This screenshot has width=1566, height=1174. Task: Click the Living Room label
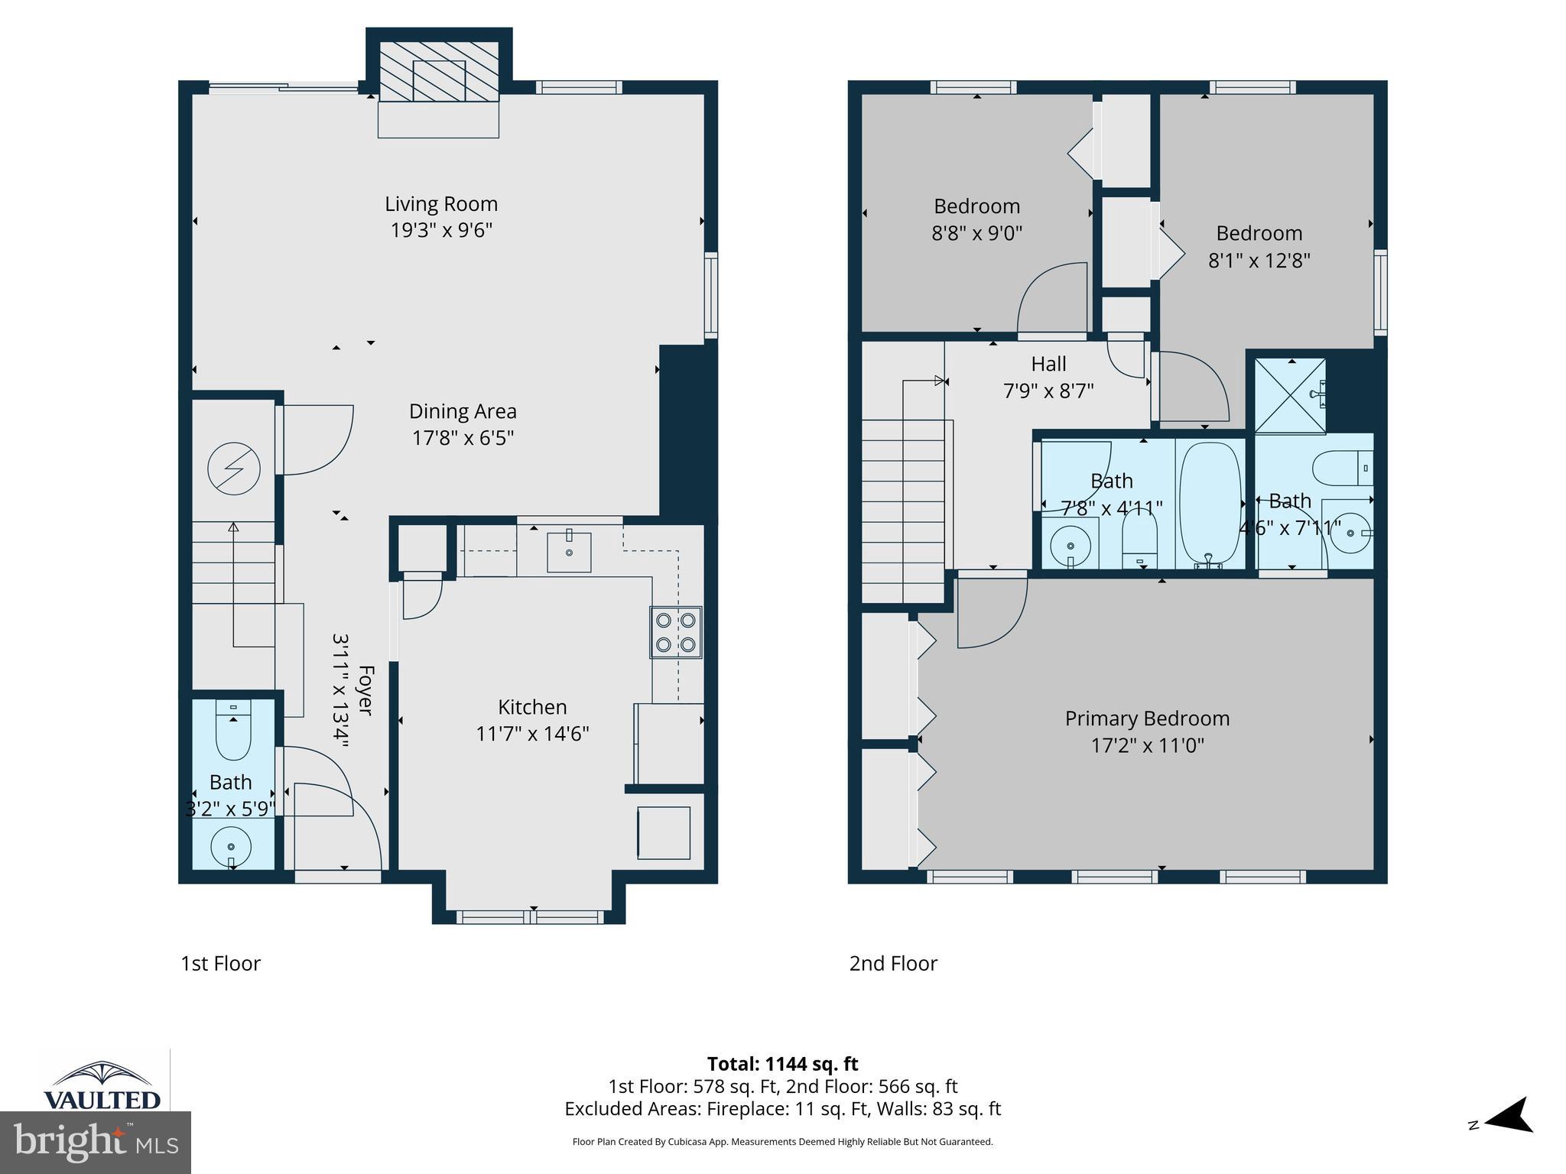click(441, 204)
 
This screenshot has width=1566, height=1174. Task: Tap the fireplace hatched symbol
click(439, 71)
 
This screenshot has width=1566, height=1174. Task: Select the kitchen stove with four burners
click(676, 632)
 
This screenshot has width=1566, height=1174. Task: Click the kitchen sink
click(569, 552)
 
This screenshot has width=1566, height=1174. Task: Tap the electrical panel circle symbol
click(234, 469)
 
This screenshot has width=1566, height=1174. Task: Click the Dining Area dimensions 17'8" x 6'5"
click(463, 438)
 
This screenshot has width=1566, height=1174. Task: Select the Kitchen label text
click(532, 707)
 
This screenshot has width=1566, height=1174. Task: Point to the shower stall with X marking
click(1290, 396)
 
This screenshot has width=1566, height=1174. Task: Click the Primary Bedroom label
click(1147, 718)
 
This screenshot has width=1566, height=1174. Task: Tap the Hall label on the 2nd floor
click(1048, 364)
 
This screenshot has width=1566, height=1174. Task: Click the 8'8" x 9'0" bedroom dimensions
click(976, 233)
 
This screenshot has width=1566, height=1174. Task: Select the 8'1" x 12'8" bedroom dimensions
click(1259, 261)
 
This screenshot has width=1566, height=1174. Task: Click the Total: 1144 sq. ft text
click(782, 1064)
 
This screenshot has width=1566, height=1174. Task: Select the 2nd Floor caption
click(893, 964)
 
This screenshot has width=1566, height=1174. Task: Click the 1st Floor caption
click(220, 964)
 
